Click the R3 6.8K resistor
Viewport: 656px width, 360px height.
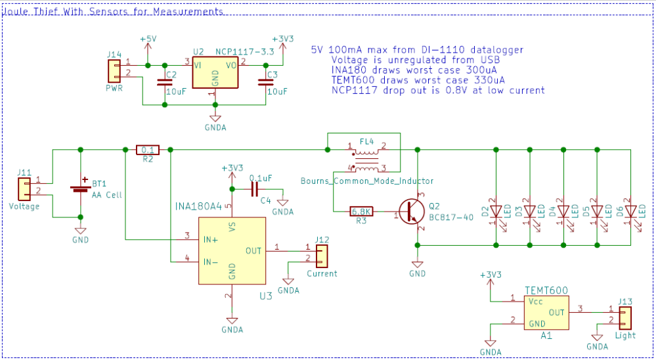(x=362, y=212)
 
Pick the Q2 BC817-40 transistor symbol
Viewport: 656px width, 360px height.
(x=414, y=212)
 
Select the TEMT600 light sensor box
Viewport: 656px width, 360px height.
(x=546, y=311)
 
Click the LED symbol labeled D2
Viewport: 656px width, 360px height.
(x=496, y=212)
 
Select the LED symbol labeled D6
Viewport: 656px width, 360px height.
(x=630, y=212)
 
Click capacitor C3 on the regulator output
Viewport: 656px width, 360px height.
(x=266, y=83)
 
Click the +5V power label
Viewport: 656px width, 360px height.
(x=148, y=39)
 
